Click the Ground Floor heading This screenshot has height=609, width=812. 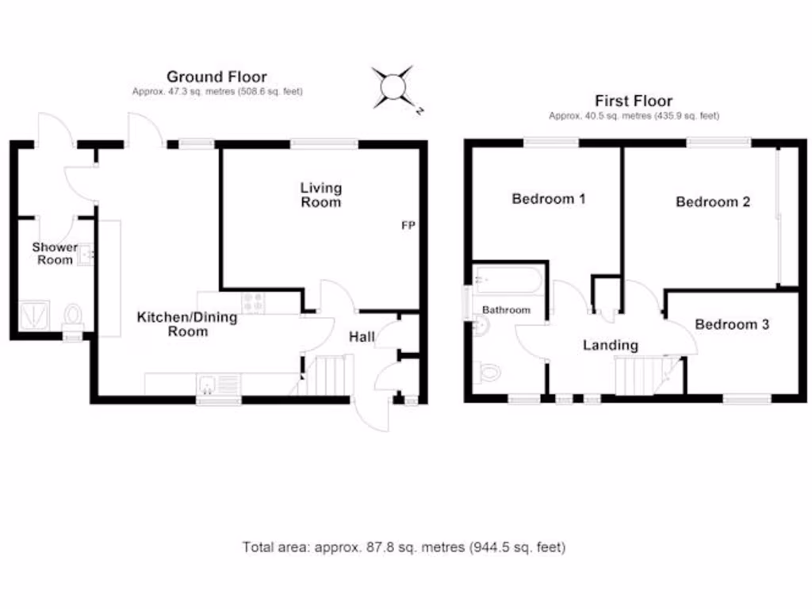(216, 77)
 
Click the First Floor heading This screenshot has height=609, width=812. (634, 101)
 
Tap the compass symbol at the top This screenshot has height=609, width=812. (393, 85)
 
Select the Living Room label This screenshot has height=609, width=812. (321, 195)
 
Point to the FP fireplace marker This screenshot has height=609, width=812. (408, 226)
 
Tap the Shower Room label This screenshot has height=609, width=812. (55, 253)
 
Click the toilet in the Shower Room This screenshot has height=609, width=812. (73, 316)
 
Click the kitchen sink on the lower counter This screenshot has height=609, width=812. (208, 385)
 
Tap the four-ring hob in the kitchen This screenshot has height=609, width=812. (253, 302)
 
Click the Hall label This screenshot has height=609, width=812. (362, 337)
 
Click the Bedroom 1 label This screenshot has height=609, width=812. (549, 198)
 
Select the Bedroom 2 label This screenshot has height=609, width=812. (713, 201)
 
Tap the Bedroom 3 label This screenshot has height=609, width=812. (732, 324)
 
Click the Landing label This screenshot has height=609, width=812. (610, 345)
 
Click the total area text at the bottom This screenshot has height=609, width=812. (404, 547)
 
